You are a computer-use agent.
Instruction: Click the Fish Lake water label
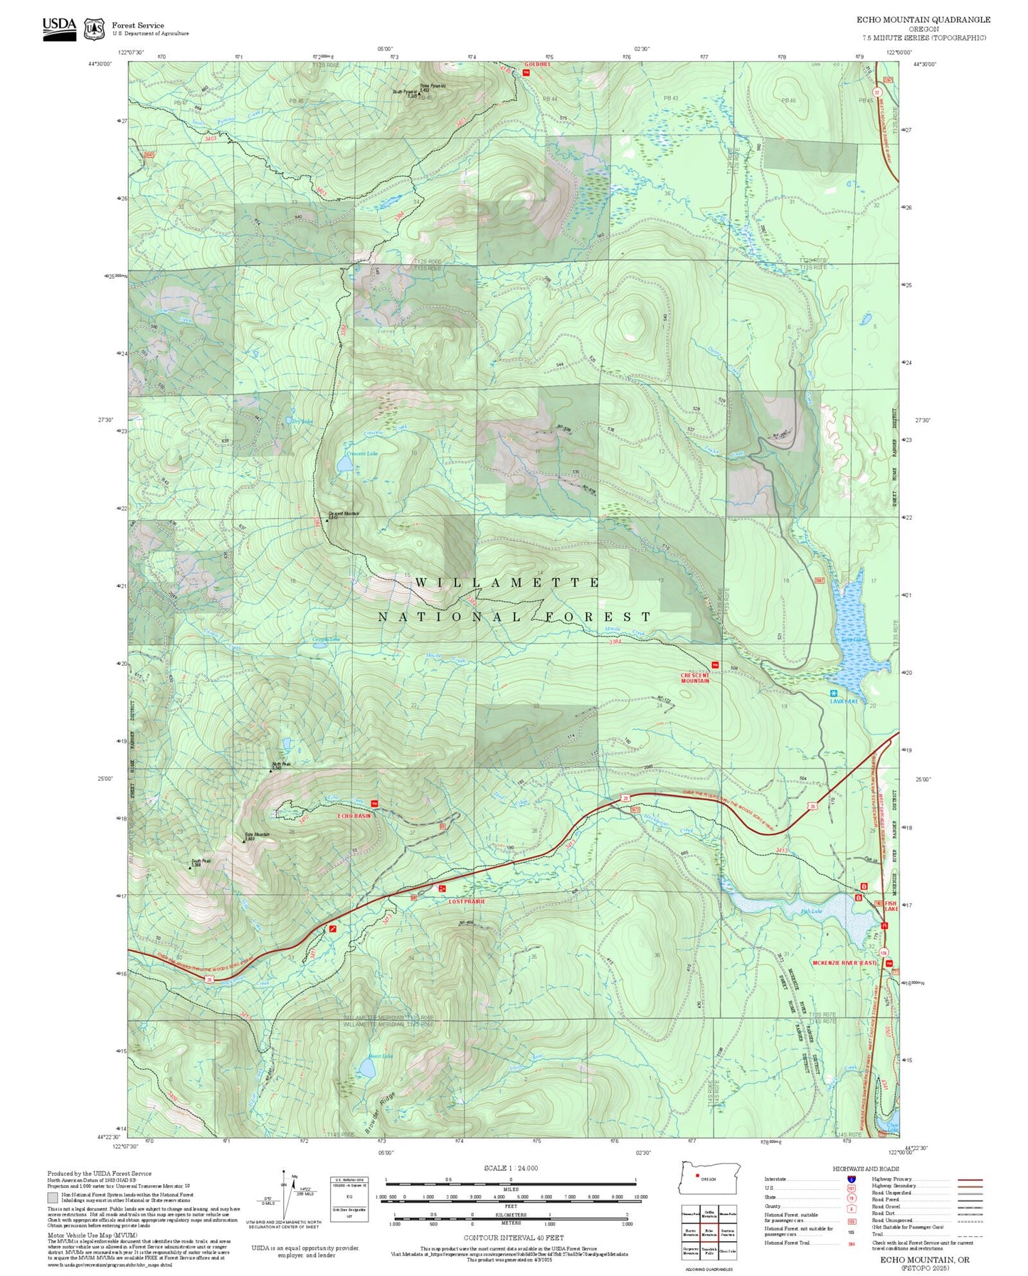point(811,911)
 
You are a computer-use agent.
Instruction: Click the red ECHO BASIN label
point(354,816)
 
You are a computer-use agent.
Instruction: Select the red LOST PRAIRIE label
point(467,901)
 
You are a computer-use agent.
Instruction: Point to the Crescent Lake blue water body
point(345,464)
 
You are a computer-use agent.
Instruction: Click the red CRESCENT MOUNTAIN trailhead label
point(694,678)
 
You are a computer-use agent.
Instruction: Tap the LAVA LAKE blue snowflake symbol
point(833,693)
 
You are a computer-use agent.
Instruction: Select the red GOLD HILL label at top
point(538,64)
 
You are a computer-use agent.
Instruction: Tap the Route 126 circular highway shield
point(883,952)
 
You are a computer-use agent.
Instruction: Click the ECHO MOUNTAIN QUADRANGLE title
point(923,19)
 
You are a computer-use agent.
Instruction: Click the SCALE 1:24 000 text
point(510,1168)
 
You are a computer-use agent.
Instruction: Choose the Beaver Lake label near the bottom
point(381,1056)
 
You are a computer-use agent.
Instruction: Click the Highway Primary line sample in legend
point(970,1179)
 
